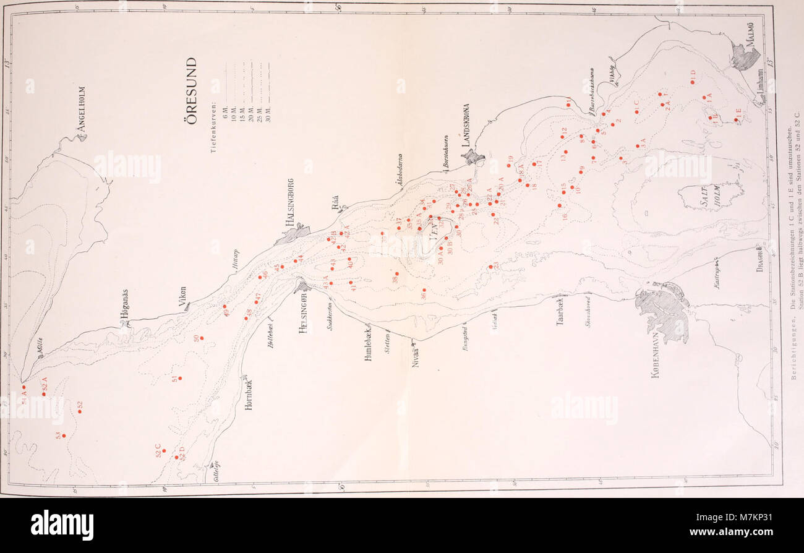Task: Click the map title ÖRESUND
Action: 192,90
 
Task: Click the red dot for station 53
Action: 64,436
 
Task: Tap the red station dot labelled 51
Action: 180,377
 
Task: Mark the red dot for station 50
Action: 202,338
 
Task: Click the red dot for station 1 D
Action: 693,82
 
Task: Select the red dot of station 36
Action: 424,289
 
